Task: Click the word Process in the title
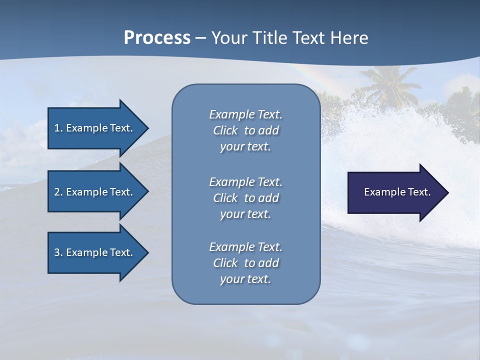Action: (157, 38)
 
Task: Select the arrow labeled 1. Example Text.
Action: (95, 128)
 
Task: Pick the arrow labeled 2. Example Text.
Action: (95, 192)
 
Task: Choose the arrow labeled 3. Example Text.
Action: (95, 252)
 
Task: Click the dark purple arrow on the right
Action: (395, 192)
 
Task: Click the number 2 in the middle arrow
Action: (57, 192)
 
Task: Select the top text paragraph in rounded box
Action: (245, 130)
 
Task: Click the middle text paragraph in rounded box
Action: (245, 198)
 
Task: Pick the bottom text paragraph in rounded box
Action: (245, 263)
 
